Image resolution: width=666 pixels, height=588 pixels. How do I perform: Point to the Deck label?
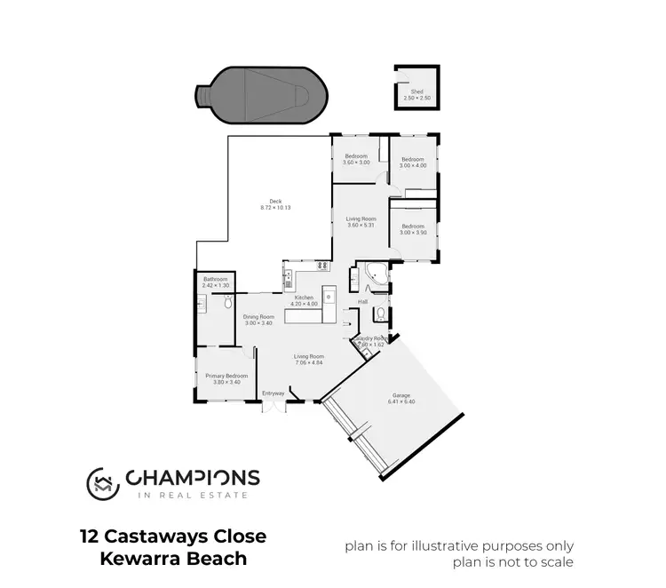point(275,204)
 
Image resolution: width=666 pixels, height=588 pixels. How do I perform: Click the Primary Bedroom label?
point(226,379)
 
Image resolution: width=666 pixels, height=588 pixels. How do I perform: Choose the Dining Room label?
point(258,320)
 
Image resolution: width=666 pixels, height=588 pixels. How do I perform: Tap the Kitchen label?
point(305,300)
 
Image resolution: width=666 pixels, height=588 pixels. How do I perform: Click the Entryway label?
point(274,393)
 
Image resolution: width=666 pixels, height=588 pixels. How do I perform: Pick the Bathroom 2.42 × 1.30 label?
point(215,282)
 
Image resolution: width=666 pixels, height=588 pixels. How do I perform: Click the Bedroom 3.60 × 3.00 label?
point(356,160)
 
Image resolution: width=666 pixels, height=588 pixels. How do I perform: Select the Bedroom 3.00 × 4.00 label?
point(413,163)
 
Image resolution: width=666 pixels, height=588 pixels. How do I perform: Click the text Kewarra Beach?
point(168,560)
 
